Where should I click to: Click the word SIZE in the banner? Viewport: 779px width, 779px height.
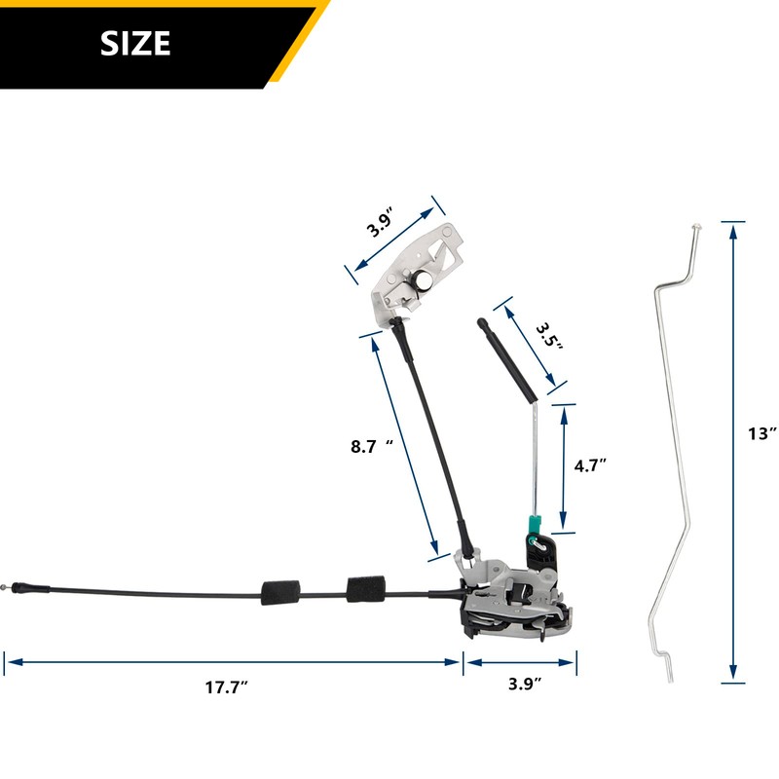click(x=135, y=43)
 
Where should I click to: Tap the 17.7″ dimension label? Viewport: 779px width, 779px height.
click(x=227, y=687)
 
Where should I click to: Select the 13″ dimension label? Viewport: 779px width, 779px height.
click(x=762, y=433)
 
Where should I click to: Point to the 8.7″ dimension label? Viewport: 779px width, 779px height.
click(x=372, y=446)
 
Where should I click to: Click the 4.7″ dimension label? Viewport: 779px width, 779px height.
click(x=590, y=465)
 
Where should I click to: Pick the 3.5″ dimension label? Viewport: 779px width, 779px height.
click(x=549, y=336)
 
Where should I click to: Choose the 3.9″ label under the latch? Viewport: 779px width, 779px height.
click(x=525, y=684)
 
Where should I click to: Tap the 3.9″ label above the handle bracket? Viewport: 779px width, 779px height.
click(x=381, y=224)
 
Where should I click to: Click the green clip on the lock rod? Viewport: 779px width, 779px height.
click(x=535, y=524)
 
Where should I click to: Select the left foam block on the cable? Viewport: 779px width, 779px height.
click(x=280, y=592)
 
